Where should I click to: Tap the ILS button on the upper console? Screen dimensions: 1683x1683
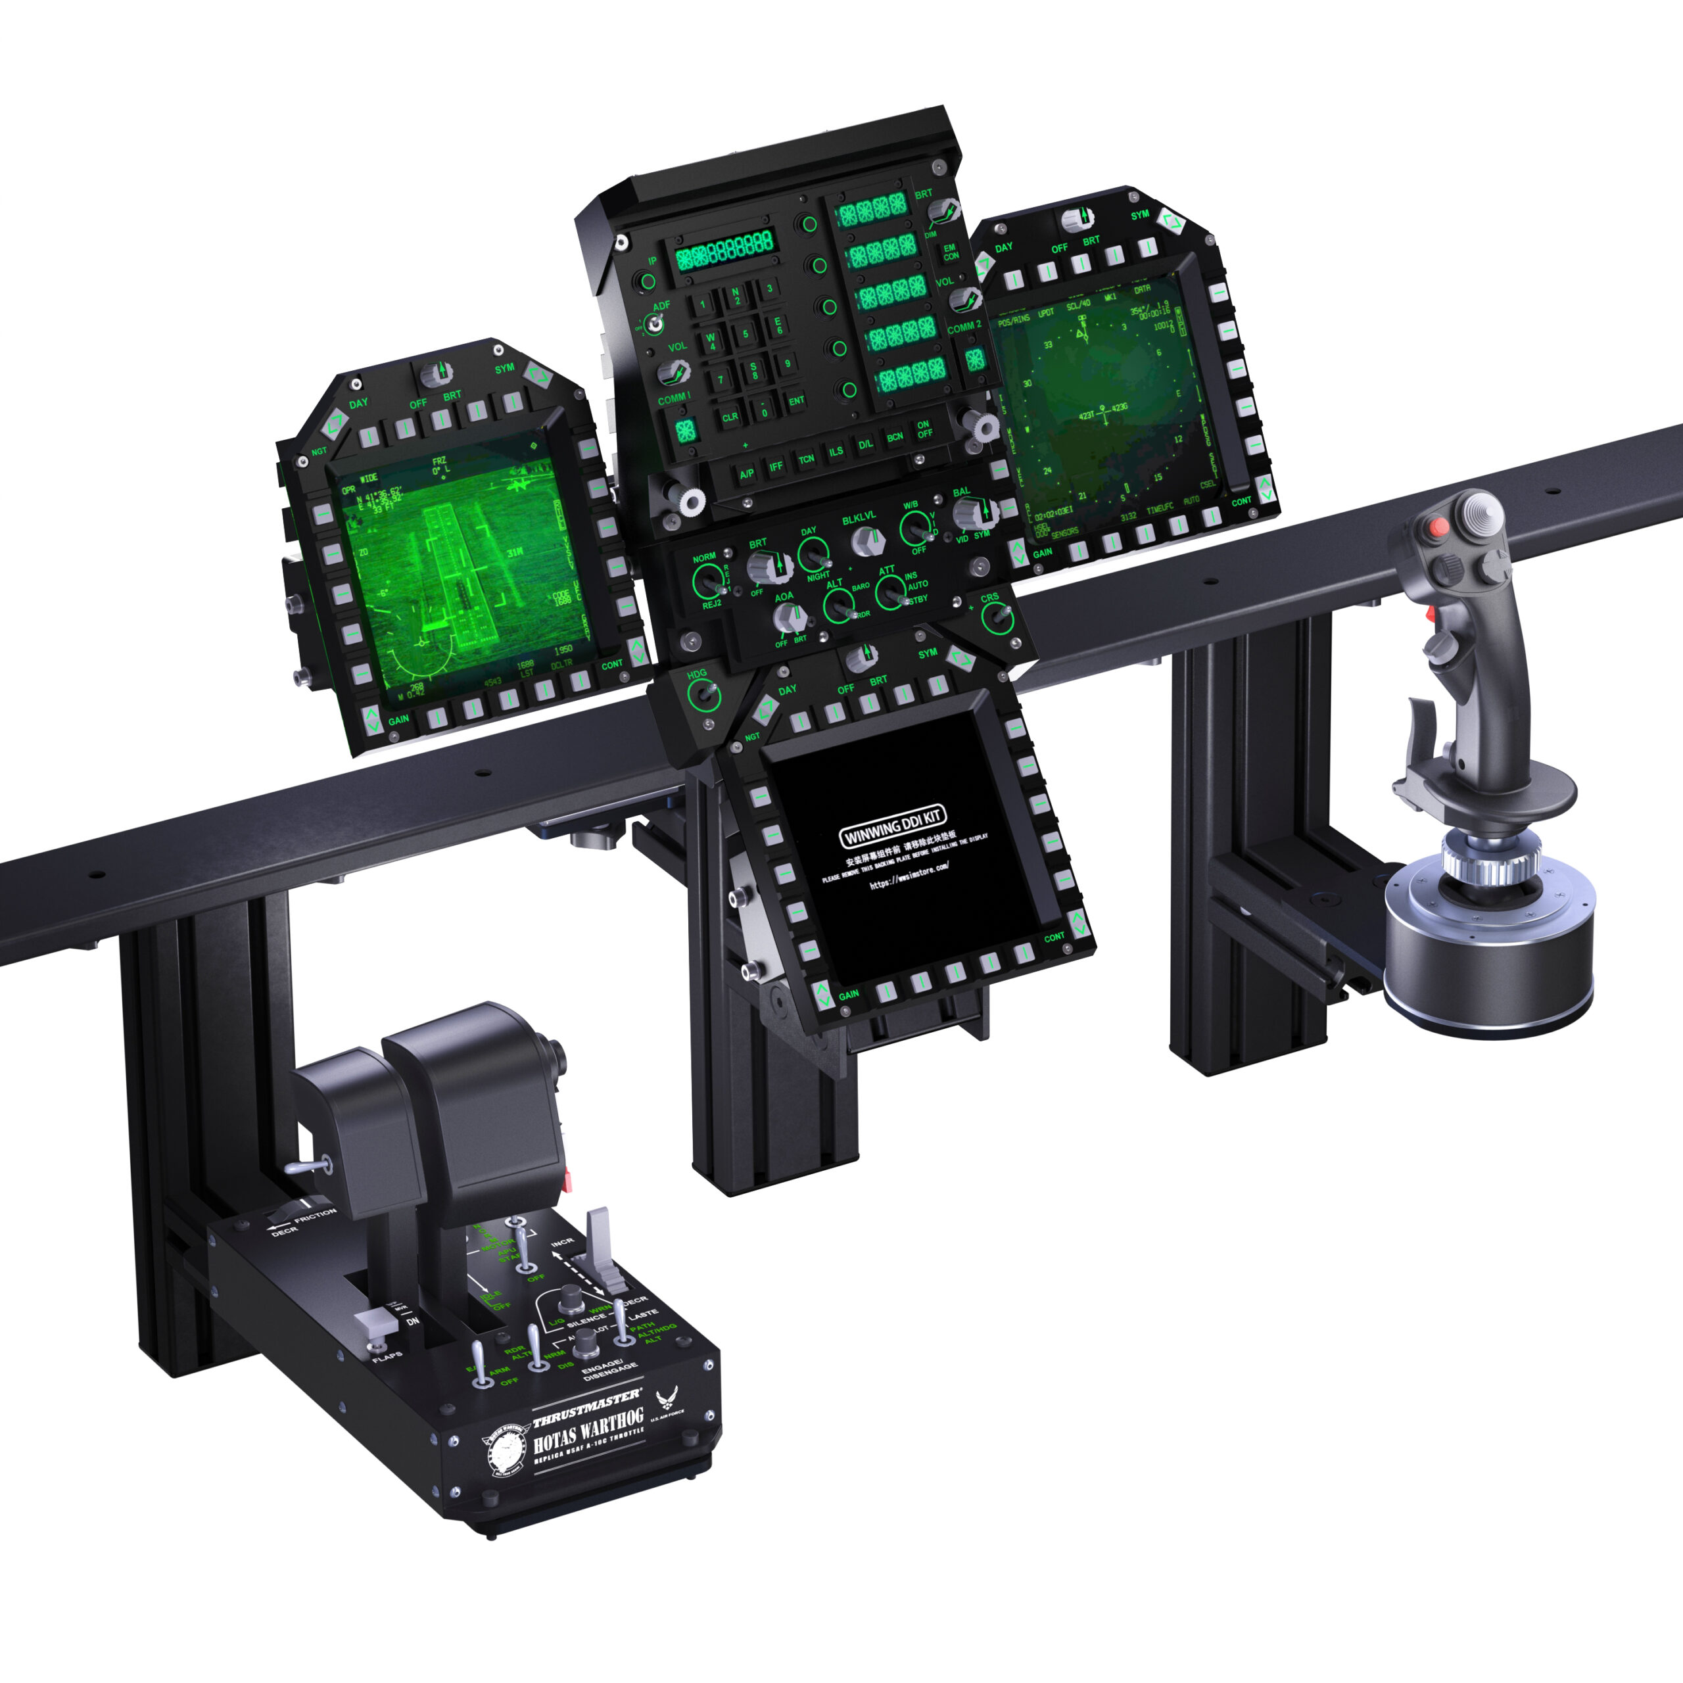(x=836, y=451)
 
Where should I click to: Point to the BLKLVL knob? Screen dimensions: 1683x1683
(x=863, y=542)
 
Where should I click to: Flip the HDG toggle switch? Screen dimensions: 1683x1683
(x=702, y=695)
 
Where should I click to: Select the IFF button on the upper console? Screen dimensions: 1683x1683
(x=775, y=467)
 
